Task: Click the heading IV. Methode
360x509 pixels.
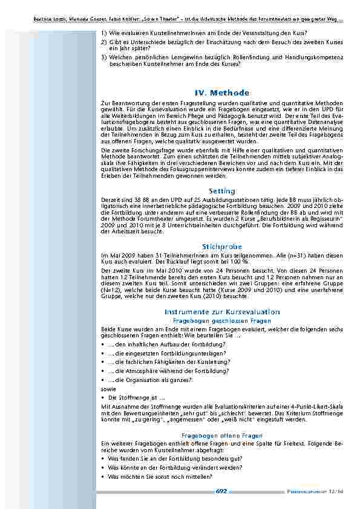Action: click(222, 92)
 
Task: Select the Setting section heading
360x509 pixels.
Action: click(222, 191)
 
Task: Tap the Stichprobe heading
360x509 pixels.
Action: click(222, 247)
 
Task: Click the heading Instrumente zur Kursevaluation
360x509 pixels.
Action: click(222, 311)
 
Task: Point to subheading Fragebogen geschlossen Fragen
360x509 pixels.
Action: click(222, 320)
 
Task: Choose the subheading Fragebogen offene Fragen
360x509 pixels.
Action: click(222, 435)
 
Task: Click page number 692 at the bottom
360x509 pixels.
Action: click(221, 491)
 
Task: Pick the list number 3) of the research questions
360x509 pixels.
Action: click(104, 56)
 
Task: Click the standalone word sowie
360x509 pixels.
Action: click(108, 389)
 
